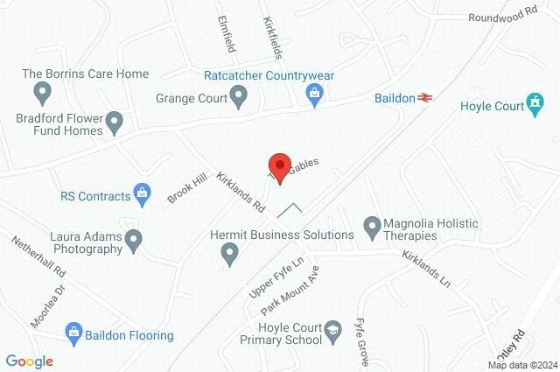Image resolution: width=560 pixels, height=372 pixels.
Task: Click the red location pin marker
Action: click(279, 167)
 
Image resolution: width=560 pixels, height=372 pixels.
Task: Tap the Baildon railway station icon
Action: click(426, 98)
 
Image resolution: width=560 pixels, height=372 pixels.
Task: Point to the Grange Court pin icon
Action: click(239, 98)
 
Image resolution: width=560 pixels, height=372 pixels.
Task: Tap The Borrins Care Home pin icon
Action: click(41, 91)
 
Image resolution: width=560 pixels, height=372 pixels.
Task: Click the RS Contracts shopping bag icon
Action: click(141, 192)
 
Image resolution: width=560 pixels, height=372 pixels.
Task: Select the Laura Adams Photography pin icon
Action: click(134, 238)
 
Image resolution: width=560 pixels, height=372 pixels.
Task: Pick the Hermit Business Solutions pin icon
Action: click(230, 254)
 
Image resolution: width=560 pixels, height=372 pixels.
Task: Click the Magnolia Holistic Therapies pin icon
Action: click(372, 226)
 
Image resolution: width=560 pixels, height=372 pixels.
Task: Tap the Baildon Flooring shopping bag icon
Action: click(73, 332)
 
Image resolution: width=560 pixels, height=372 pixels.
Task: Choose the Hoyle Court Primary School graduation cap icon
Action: click(332, 330)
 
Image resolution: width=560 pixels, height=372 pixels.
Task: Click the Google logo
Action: click(30, 361)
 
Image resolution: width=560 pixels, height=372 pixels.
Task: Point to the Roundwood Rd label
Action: click(501, 16)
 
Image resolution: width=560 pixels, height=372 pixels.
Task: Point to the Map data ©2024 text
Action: click(521, 364)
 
